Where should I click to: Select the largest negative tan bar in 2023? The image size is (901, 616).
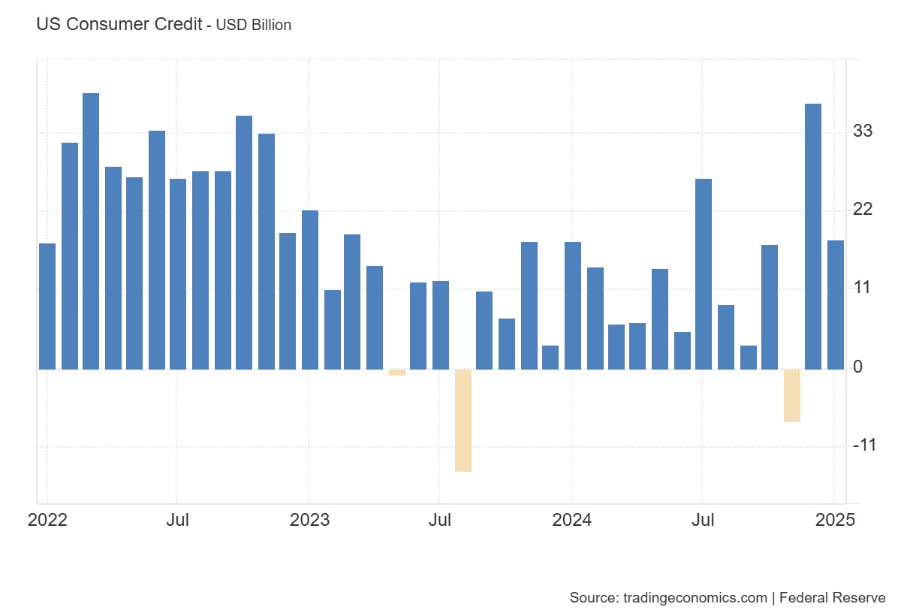(x=463, y=420)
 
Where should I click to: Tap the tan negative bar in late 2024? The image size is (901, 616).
(x=791, y=395)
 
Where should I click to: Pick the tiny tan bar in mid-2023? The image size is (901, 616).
(x=397, y=372)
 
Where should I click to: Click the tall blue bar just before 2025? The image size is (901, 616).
(x=813, y=237)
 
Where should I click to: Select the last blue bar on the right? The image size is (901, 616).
(x=836, y=304)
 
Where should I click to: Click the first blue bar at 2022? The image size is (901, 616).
(x=47, y=306)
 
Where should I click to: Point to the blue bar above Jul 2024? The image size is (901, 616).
(x=704, y=274)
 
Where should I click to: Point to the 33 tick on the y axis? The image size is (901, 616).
(x=863, y=131)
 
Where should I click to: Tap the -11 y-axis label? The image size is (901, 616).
(x=864, y=445)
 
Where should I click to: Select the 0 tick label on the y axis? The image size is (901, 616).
(x=858, y=367)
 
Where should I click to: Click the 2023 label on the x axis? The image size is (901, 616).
(x=309, y=520)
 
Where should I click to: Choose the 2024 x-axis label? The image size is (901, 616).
(x=571, y=520)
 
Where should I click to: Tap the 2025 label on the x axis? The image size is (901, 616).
(x=835, y=520)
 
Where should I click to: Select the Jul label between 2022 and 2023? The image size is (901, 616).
(x=177, y=520)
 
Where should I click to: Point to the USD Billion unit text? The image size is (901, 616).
(x=254, y=25)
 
